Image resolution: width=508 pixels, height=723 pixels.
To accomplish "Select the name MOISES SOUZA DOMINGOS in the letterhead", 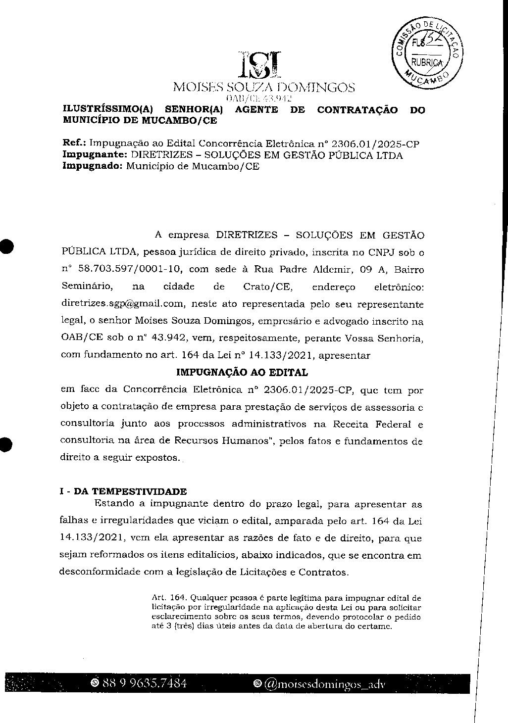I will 263,88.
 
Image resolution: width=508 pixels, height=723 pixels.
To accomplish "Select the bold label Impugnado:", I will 92,166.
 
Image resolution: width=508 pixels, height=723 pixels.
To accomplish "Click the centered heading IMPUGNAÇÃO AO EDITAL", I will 242,372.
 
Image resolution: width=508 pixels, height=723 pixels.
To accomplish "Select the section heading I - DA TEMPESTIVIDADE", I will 123,491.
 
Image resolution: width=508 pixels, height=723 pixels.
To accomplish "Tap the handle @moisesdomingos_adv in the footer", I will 324,684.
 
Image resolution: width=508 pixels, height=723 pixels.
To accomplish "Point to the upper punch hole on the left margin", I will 5,246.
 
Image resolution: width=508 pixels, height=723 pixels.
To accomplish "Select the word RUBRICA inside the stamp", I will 426,62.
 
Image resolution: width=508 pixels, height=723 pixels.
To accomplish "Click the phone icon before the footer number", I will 94,684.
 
